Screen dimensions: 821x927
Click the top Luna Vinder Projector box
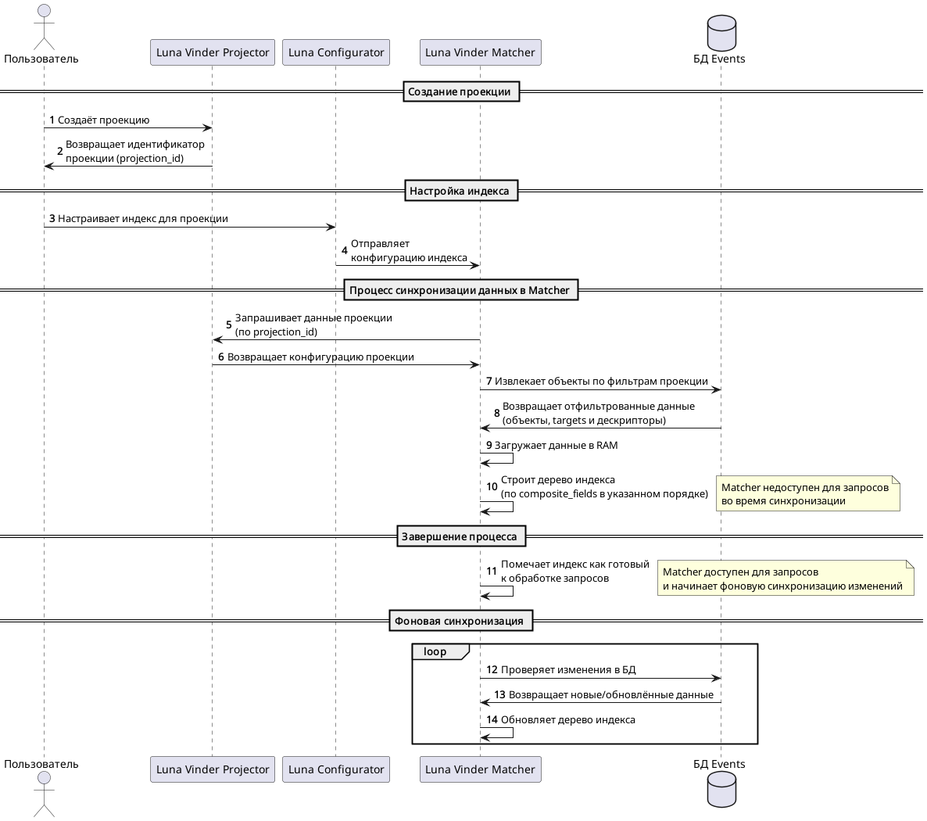point(213,52)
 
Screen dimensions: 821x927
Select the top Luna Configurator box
point(336,52)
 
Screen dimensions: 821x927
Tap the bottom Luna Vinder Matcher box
point(480,769)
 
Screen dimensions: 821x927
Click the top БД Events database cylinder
point(721,33)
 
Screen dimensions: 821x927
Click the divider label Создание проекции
point(461,91)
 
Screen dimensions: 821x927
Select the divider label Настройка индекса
point(461,191)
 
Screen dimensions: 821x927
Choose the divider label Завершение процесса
point(461,536)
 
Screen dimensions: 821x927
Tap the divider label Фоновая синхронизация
point(461,621)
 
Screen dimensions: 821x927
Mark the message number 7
point(489,381)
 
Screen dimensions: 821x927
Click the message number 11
point(492,572)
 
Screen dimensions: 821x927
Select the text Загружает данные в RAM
point(556,445)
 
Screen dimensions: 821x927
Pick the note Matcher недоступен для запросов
point(807,494)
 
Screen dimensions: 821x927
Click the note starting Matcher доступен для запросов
point(785,579)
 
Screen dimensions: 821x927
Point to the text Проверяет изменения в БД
point(568,669)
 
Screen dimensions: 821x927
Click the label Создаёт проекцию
point(103,120)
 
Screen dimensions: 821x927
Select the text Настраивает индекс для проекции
point(143,218)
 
